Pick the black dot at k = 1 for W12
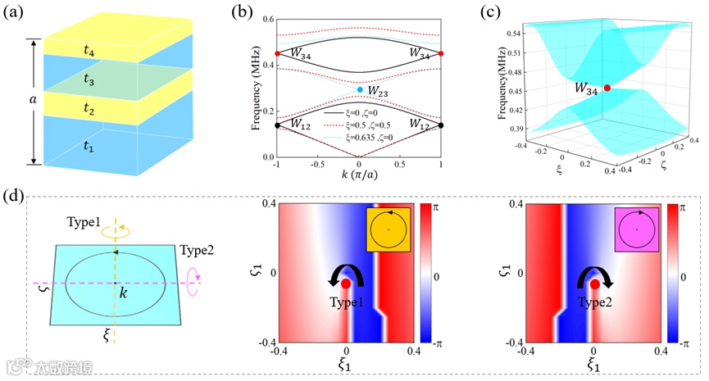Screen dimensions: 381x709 (x=441, y=125)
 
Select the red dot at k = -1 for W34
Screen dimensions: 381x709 (x=277, y=54)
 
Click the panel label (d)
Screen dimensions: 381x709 (x=13, y=200)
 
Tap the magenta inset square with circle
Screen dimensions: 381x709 (x=635, y=232)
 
